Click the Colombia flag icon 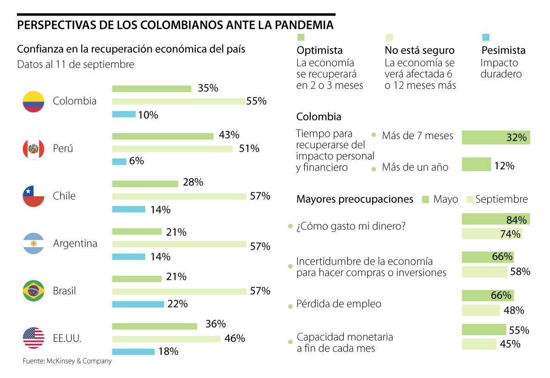coord(33,102)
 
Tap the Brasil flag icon coord(33,291)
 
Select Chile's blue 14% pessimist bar coord(128,209)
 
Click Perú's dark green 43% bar coord(163,136)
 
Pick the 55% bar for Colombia coord(178,101)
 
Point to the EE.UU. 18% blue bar coord(133,351)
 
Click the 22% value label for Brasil coord(178,304)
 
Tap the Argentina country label coord(75,243)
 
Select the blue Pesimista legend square coord(486,38)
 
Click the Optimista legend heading coord(319,50)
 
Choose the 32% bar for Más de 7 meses coord(496,137)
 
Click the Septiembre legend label coord(501,199)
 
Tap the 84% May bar coord(496,219)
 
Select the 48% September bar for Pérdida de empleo coord(481,310)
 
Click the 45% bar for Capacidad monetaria coord(479,344)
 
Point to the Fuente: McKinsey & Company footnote coord(67,361)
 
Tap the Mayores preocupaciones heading coord(355,199)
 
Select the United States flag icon coord(33,338)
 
